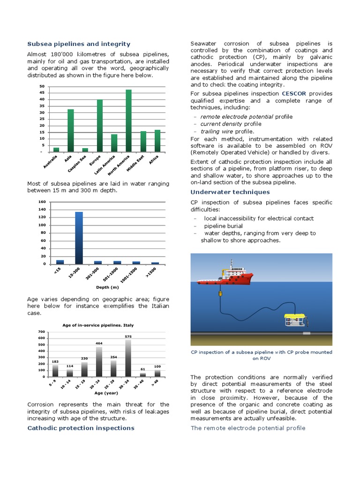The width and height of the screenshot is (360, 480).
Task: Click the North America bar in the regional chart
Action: (128, 121)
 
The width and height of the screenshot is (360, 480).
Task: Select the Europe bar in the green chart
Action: (100, 126)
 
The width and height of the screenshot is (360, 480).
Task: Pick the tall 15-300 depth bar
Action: (79, 238)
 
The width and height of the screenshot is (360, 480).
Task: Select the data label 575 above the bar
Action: (128, 336)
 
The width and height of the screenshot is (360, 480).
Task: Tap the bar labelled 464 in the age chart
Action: (99, 361)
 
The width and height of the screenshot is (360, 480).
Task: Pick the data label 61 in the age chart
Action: (143, 369)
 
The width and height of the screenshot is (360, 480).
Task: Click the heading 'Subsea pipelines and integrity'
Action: (79, 44)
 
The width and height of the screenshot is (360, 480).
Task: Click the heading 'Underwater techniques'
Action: (230, 192)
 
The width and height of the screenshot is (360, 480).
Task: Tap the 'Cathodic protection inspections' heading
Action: (81, 428)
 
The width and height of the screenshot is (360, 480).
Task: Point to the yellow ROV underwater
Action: (295, 320)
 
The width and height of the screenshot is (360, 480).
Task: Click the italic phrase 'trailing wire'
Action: (216, 131)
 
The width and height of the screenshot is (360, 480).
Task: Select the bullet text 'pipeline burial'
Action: (224, 225)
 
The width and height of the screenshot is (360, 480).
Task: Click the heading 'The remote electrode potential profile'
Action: (248, 428)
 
